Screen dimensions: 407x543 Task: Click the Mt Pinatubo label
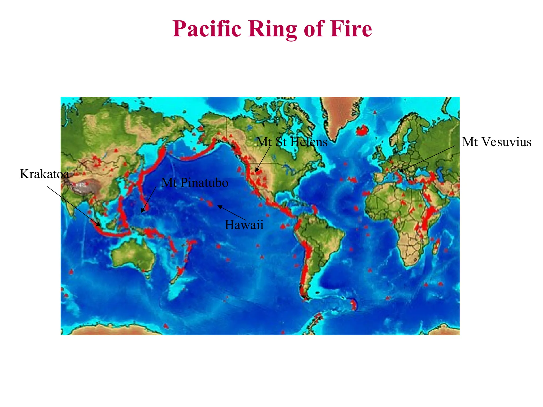coord(195,183)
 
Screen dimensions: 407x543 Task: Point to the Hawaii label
coord(244,225)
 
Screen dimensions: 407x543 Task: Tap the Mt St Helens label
coord(292,142)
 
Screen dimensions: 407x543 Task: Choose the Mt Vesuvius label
coord(497,142)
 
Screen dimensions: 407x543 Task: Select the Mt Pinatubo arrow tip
coord(142,212)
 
